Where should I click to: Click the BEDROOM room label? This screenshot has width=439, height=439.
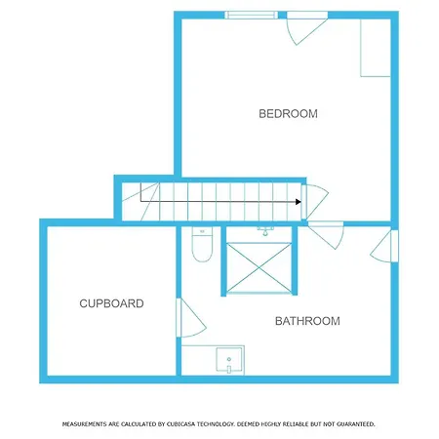pos(288,114)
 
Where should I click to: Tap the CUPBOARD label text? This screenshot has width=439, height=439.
pos(111,303)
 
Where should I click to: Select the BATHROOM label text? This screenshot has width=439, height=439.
pos(307,321)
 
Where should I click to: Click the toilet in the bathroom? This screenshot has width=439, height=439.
pos(202,244)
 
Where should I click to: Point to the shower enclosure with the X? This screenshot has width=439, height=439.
pos(259,267)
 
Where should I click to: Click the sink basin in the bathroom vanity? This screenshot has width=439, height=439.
pos(229,359)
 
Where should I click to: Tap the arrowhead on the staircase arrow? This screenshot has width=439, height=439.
pos(299,202)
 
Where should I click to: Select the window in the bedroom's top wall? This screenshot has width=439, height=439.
pos(251,15)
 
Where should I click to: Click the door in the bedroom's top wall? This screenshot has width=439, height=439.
pos(306,27)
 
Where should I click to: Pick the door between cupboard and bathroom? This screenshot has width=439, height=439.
pos(191,318)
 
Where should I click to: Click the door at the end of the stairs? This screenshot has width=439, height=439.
pos(315,202)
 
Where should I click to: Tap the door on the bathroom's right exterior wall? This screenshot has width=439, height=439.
pos(384,246)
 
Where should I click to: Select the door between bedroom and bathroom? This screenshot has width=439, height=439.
pos(326,235)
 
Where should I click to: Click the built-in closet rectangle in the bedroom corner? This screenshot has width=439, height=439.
pos(376,48)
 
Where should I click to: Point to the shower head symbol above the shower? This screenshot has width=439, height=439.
pos(265,231)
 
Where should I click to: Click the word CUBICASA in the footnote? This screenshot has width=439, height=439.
pos(180,424)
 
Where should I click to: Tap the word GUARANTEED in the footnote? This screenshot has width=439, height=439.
pos(356,424)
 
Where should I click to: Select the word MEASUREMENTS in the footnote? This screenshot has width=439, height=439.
pos(84,424)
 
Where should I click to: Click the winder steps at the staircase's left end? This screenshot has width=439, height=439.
pos(140,202)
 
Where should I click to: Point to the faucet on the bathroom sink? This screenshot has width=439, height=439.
pos(229,369)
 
